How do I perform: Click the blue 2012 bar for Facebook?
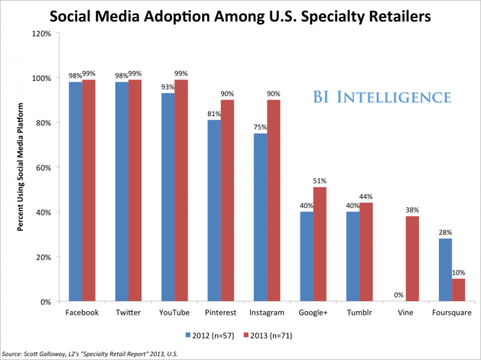(x=75, y=191)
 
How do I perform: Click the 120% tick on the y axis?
(x=41, y=34)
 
